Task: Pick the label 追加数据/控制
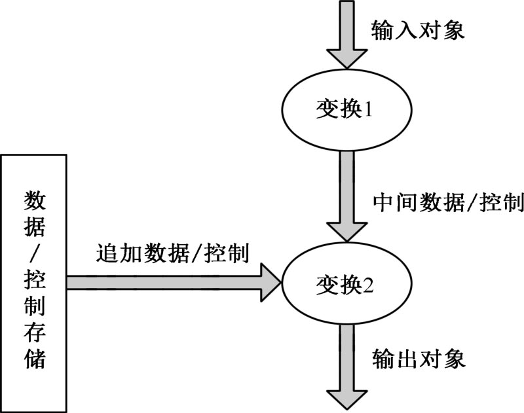172,252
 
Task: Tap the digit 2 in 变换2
368,285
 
